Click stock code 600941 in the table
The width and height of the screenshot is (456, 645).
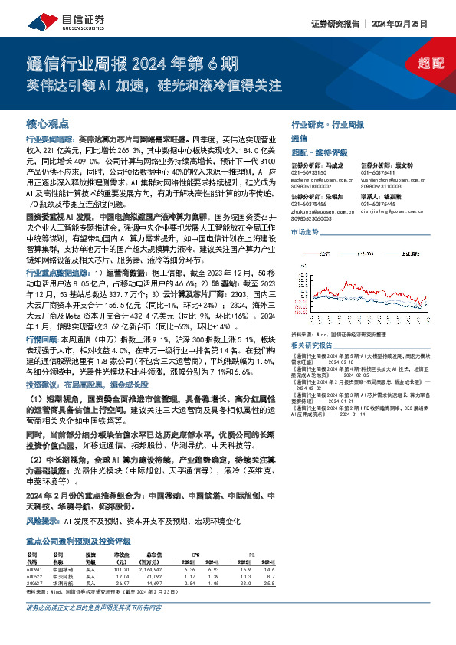34,548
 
